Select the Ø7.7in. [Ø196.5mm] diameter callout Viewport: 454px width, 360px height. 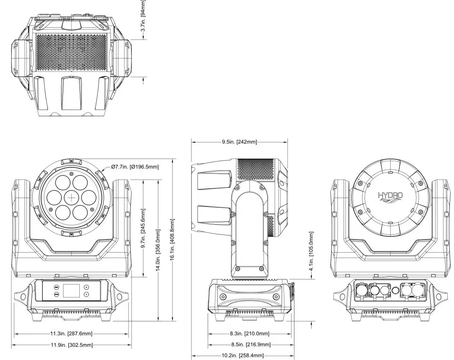(135, 167)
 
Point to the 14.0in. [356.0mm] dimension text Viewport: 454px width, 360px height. (158, 250)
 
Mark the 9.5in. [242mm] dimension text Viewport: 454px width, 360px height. (239, 142)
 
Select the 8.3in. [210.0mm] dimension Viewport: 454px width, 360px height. (249, 334)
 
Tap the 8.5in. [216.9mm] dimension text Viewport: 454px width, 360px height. (250, 344)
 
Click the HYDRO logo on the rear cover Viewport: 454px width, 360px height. (390, 196)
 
